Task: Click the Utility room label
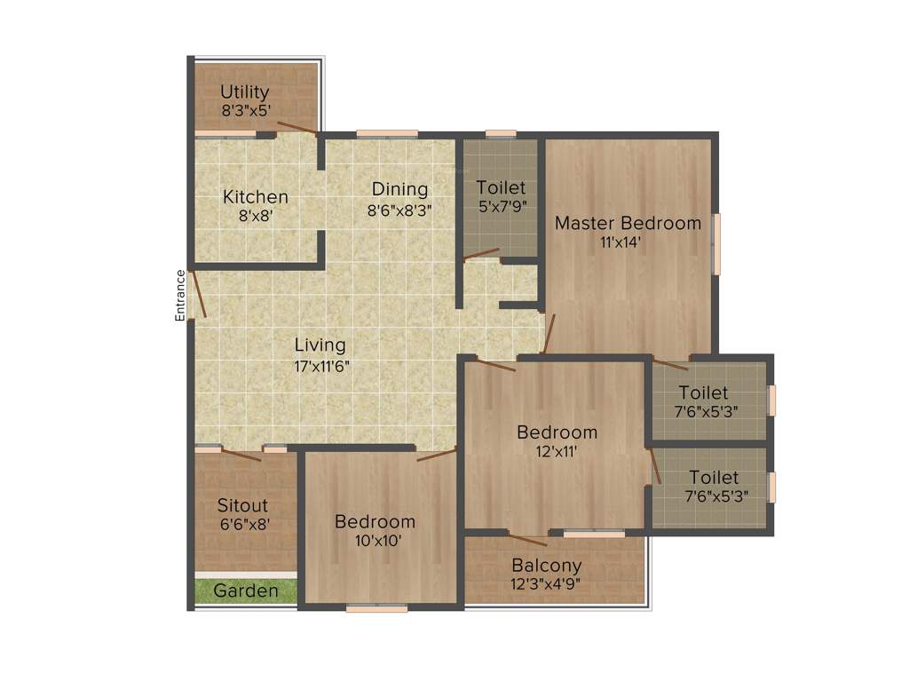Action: pos(245,92)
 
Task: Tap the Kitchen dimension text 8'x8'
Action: pos(256,214)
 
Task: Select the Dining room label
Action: pos(399,189)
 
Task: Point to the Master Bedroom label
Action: pos(628,223)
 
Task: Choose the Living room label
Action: pos(320,345)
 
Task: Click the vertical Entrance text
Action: pos(180,295)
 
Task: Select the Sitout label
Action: pos(242,506)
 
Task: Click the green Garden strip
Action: pos(245,591)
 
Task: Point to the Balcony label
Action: pos(547,566)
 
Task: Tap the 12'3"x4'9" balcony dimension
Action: pos(547,583)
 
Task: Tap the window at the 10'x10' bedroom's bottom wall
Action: pos(377,608)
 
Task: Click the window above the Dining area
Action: pos(387,134)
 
